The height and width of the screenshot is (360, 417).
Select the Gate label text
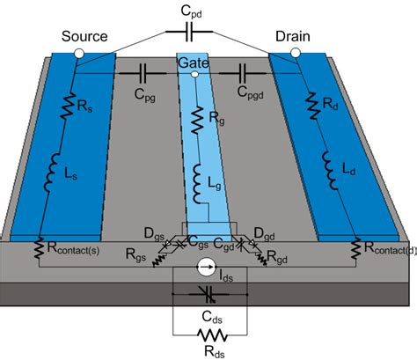(193, 63)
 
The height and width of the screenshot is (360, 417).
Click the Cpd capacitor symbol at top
(195, 33)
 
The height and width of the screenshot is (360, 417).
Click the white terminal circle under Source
(79, 55)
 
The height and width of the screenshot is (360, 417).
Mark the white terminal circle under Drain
(296, 55)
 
